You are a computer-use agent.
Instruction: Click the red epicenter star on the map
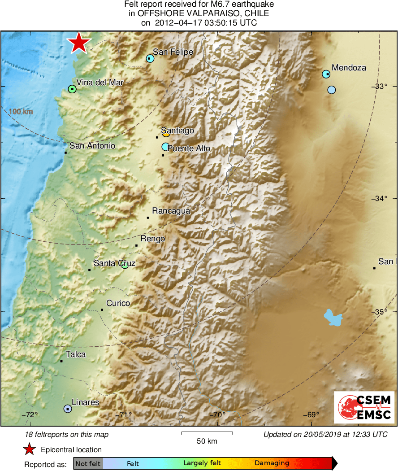79,43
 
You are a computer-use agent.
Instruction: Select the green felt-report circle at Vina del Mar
72,89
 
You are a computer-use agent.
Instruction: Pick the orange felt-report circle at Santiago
166,133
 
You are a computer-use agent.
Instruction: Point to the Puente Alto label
189,148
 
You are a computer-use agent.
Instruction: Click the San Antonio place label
92,146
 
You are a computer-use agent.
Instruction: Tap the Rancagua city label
171,211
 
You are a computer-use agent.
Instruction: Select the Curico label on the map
118,303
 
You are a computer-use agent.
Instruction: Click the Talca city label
76,354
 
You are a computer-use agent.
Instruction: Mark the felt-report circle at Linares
67,409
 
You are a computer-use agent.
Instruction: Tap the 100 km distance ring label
21,111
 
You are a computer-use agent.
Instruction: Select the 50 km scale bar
207,433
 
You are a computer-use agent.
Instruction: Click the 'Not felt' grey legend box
88,463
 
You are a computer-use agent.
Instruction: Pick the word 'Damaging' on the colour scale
272,463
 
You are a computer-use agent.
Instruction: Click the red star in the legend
30,449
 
